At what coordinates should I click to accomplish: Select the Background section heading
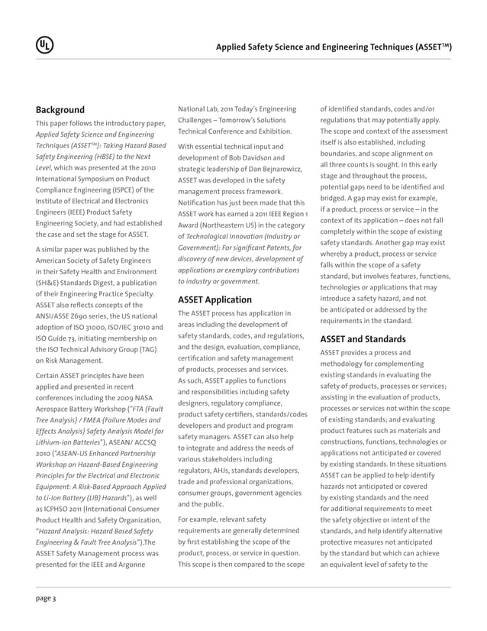point(60,109)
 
